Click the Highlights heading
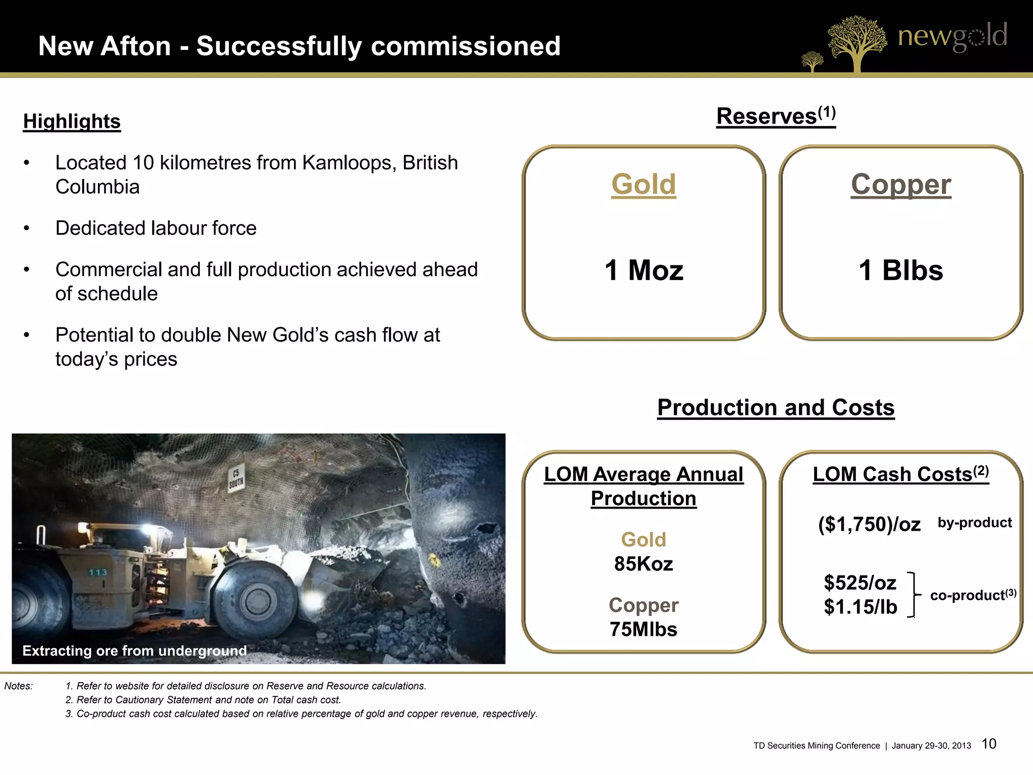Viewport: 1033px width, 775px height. pyautogui.click(x=72, y=122)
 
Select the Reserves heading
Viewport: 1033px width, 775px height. pyautogui.click(x=775, y=116)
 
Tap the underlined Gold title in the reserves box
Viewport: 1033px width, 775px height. pyautogui.click(x=643, y=184)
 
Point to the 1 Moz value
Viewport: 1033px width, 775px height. pyautogui.click(x=644, y=270)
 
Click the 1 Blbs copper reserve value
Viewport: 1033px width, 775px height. pyautogui.click(x=900, y=270)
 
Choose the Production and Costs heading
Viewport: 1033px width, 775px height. pyautogui.click(x=776, y=408)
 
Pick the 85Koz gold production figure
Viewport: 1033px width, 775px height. pyautogui.click(x=643, y=564)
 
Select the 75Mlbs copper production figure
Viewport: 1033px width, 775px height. pyautogui.click(x=643, y=629)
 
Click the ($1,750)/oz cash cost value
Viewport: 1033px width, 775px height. pyautogui.click(x=869, y=525)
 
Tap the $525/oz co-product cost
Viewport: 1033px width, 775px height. pyautogui.click(x=860, y=583)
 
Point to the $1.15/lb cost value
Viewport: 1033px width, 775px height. pyautogui.click(x=860, y=607)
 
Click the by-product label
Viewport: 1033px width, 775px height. pyautogui.click(x=974, y=523)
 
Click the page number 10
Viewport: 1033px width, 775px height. pyautogui.click(x=989, y=744)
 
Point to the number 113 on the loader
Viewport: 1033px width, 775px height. pyautogui.click(x=98, y=572)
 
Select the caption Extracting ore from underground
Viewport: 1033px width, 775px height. pyautogui.click(x=135, y=651)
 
